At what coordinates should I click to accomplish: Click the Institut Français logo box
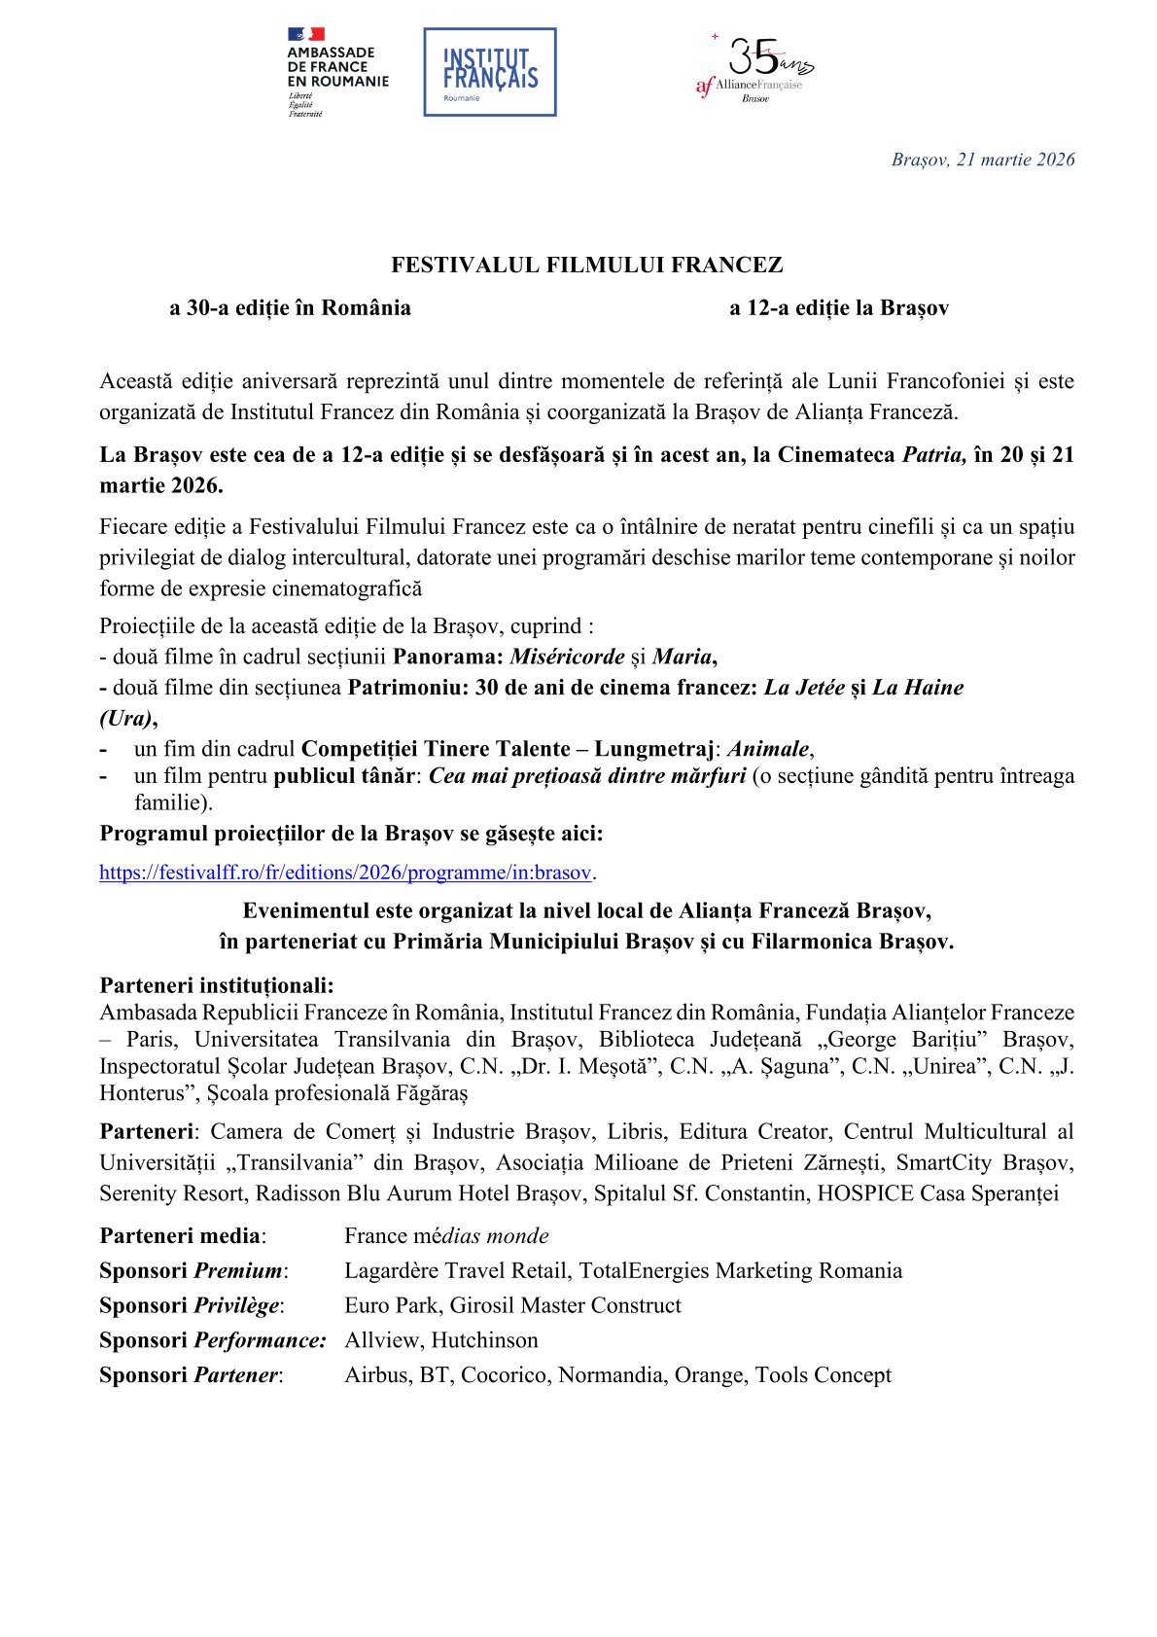[489, 72]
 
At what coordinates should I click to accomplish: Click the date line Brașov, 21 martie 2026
[983, 160]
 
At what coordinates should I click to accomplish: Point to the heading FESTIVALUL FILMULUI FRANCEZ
[586, 265]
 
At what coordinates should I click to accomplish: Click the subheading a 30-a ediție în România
[290, 308]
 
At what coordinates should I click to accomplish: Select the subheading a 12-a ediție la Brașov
[839, 308]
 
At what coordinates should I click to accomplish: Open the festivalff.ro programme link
[345, 872]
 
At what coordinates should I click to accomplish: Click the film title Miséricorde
[567, 657]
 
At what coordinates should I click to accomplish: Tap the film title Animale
[768, 749]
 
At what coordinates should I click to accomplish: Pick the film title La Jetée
[804, 688]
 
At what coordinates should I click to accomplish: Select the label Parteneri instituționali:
[217, 985]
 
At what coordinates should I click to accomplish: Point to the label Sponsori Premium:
[193, 1271]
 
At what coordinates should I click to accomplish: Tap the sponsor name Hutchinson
[484, 1340]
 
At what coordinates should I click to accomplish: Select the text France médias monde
[446, 1236]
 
